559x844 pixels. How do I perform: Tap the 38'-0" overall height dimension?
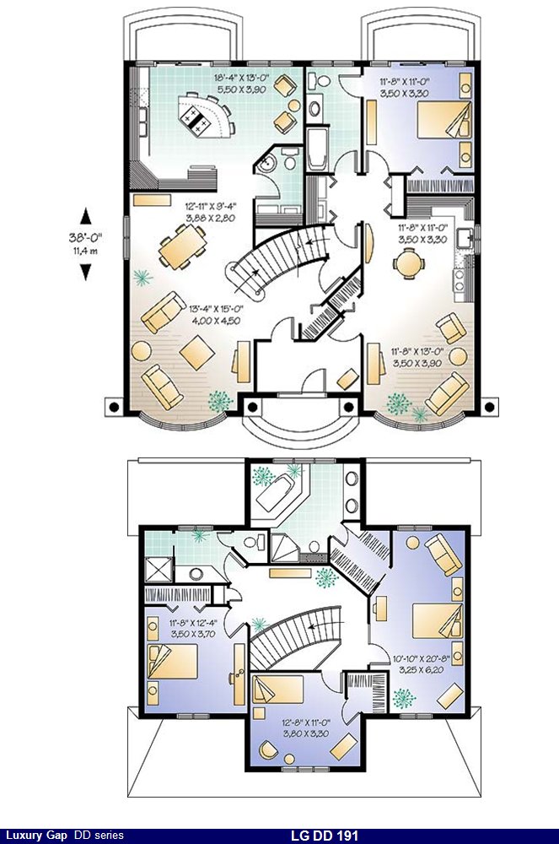pyautogui.click(x=85, y=236)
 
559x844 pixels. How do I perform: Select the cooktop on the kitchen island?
pyautogui.click(x=196, y=122)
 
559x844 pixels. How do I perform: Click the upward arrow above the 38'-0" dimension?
pyautogui.click(x=85, y=216)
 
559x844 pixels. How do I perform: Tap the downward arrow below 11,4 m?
pyautogui.click(x=85, y=271)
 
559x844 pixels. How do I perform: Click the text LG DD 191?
pyautogui.click(x=324, y=836)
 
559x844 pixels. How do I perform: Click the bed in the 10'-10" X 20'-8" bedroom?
pyautogui.click(x=438, y=620)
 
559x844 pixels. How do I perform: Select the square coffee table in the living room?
pyautogui.click(x=196, y=353)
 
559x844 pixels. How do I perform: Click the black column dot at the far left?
pyautogui.click(x=114, y=407)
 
